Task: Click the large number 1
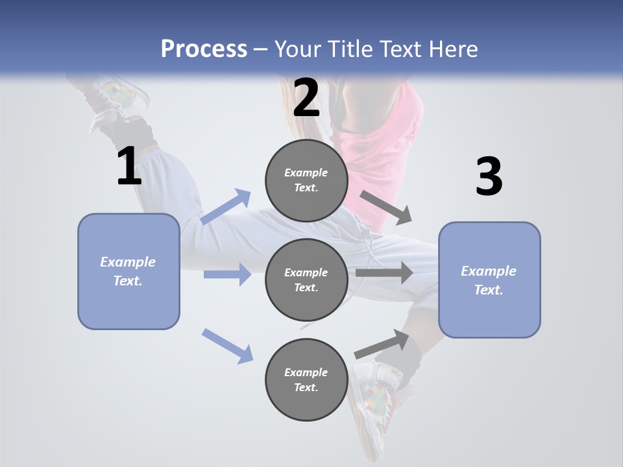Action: (129, 167)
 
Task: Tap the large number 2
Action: (306, 99)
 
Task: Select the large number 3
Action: (489, 177)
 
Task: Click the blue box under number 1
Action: (128, 271)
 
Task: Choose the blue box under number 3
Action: (489, 280)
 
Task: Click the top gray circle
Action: (306, 180)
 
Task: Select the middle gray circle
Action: (306, 280)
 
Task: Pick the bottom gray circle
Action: (306, 379)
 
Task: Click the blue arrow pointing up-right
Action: (226, 206)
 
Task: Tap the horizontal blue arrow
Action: (227, 274)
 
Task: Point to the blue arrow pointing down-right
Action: (227, 345)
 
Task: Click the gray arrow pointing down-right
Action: (385, 207)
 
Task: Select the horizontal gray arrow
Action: (384, 273)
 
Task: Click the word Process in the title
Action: (204, 49)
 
